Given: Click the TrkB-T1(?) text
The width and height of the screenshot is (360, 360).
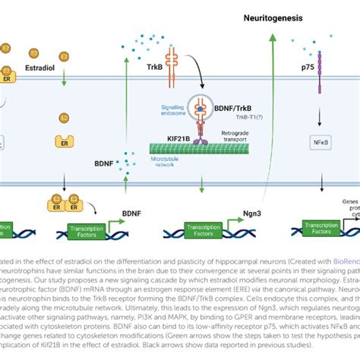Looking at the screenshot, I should [x=215, y=121].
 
